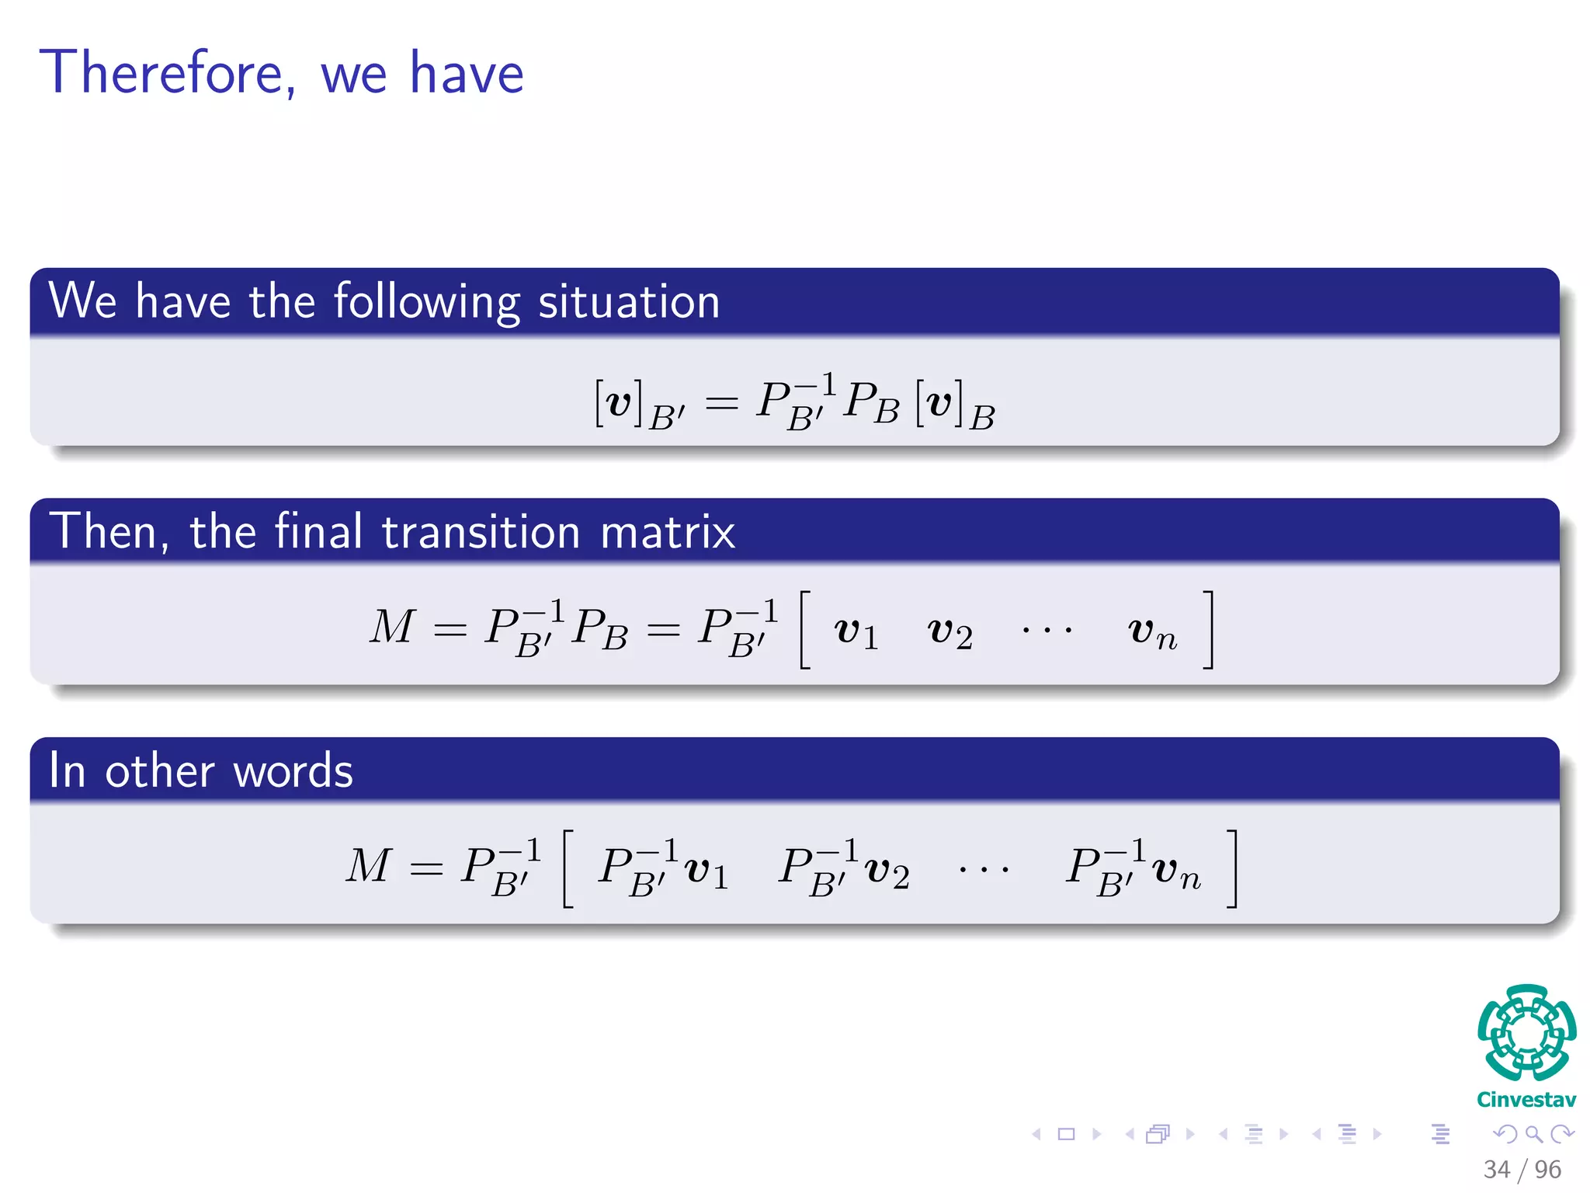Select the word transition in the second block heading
coord(481,532)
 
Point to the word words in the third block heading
coord(293,771)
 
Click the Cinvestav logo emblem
coord(1526,1033)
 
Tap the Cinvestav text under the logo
coord(1526,1100)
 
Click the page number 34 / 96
coord(1522,1169)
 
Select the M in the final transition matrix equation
coord(392,627)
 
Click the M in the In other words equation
coord(369,866)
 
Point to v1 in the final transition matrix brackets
coord(856,631)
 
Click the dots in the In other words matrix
coord(983,870)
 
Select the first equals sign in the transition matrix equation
coord(450,630)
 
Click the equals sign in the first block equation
coord(721,403)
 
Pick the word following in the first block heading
coord(427,302)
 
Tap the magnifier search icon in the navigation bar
coord(1533,1135)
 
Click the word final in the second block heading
coord(318,532)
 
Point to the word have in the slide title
coord(467,73)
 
